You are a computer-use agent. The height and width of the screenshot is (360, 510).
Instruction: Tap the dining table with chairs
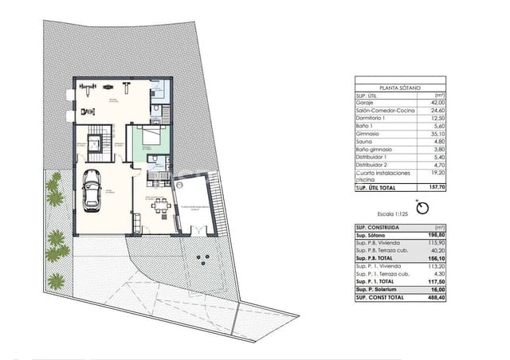[x=161, y=206]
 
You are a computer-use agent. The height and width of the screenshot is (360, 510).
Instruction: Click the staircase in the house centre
[x=96, y=143]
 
